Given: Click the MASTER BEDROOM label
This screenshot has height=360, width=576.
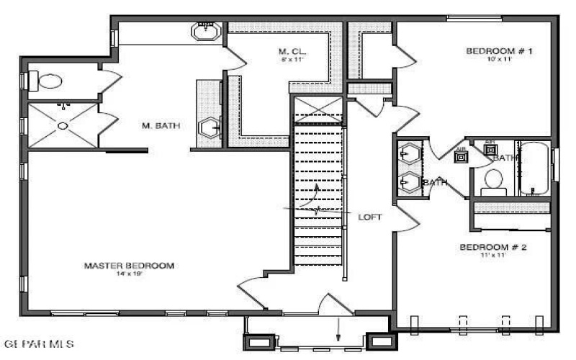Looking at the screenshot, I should [129, 266].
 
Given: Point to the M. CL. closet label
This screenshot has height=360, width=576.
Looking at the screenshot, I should [292, 51].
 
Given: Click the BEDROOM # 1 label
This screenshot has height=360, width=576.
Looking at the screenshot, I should [499, 51].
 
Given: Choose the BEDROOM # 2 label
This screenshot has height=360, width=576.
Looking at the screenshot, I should [494, 248].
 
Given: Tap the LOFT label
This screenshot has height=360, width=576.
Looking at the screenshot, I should [370, 217].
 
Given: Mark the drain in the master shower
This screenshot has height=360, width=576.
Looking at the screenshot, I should [63, 126].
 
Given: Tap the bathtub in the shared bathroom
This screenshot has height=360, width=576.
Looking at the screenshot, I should [534, 169].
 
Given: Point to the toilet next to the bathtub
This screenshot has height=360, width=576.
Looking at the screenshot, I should [494, 180].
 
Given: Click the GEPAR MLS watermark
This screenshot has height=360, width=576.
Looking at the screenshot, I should [39, 345].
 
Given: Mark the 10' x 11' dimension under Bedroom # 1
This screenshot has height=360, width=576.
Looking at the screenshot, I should [499, 60].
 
